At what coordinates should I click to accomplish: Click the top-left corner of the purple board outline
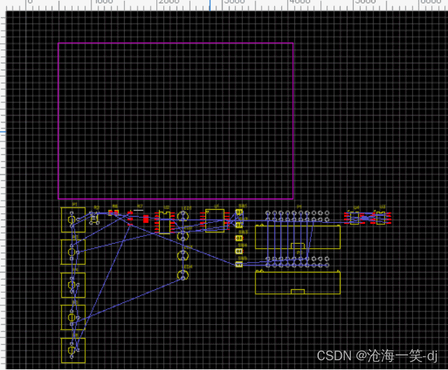(x=59, y=43)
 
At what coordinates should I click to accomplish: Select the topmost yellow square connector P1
(x=73, y=220)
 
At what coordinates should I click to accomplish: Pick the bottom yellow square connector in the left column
(x=73, y=350)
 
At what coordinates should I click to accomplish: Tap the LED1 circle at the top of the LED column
(x=184, y=215)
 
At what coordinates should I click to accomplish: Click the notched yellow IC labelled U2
(x=165, y=221)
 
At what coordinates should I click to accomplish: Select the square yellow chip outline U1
(x=214, y=220)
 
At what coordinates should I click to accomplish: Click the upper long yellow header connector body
(x=298, y=238)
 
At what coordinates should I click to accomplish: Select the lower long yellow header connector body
(x=298, y=282)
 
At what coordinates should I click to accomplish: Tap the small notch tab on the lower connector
(x=298, y=291)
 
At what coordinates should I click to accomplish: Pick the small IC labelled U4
(x=355, y=218)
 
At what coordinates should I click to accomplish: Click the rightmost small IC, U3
(x=381, y=218)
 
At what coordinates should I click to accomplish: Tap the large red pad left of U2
(x=146, y=219)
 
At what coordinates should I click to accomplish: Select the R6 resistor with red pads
(x=113, y=212)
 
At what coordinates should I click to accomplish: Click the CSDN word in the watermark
(x=332, y=355)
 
